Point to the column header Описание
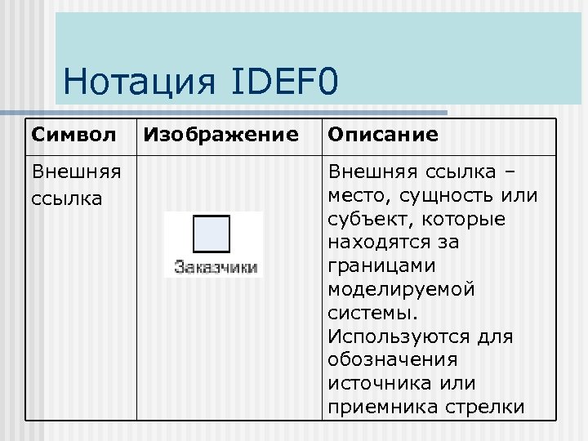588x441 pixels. [x=382, y=134]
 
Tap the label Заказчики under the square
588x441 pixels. [x=216, y=266]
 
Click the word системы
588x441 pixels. [x=371, y=313]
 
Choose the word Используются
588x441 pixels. [x=393, y=336]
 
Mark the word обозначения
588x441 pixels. [x=392, y=360]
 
